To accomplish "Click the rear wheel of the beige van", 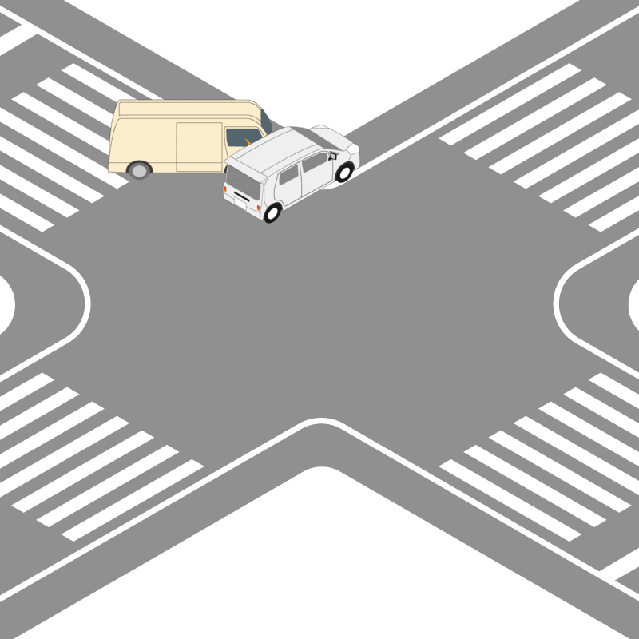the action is pos(140,169).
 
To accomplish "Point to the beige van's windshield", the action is pos(267,125).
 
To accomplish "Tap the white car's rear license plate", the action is pos(241,200).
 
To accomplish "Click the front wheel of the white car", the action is pos(344,171).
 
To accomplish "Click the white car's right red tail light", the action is pos(259,206).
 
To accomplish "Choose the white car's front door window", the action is pos(314,161).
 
